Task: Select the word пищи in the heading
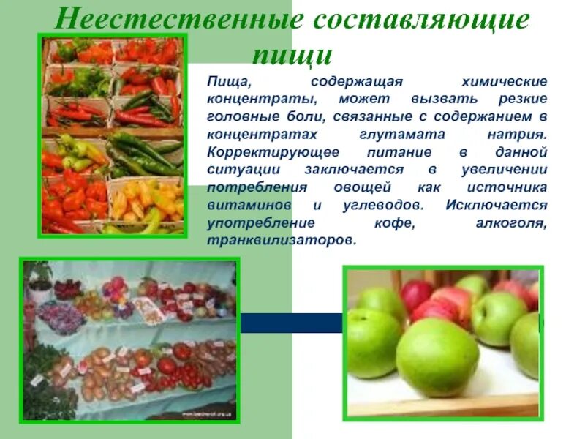(292, 55)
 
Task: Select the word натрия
(520, 135)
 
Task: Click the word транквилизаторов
(281, 240)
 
